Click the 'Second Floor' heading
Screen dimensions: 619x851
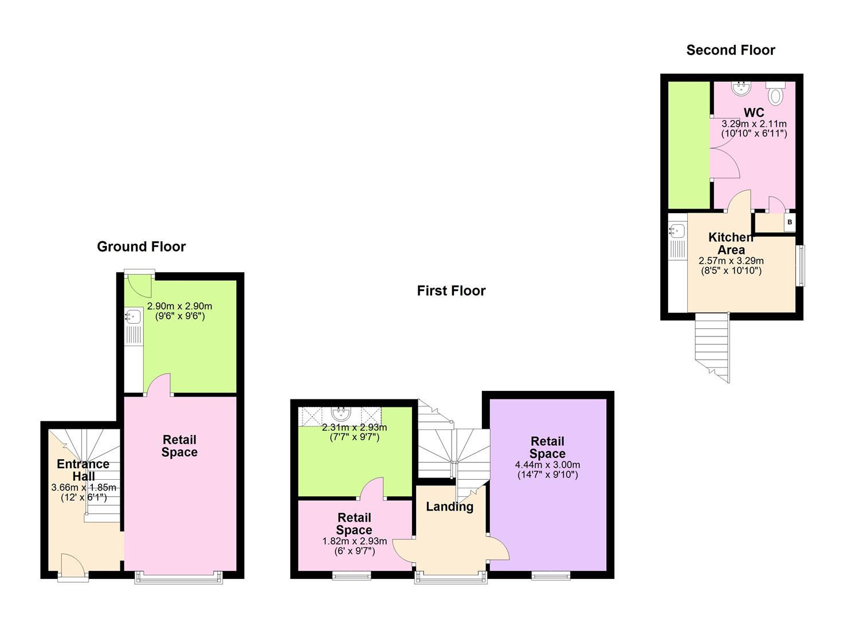pyautogui.click(x=730, y=50)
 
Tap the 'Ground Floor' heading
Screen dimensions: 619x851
pyautogui.click(x=141, y=247)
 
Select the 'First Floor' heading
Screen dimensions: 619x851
pyautogui.click(x=451, y=291)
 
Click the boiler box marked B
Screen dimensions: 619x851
pyautogui.click(x=789, y=222)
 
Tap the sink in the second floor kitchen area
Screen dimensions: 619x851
pyautogui.click(x=677, y=231)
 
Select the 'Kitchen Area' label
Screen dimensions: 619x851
pyautogui.click(x=731, y=244)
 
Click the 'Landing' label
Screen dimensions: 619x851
pyautogui.click(x=449, y=507)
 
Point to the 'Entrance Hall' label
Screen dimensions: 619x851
pyautogui.click(x=83, y=470)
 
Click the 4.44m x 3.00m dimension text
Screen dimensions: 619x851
pyautogui.click(x=547, y=470)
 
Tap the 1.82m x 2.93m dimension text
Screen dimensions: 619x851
pyautogui.click(x=354, y=546)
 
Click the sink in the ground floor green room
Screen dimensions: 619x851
pyautogui.click(x=133, y=316)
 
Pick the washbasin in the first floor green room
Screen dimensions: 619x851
pyautogui.click(x=340, y=413)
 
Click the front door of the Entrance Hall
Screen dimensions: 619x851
pyautogui.click(x=73, y=567)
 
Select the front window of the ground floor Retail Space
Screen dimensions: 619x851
pyautogui.click(x=179, y=577)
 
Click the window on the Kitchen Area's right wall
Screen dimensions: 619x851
pyautogui.click(x=801, y=265)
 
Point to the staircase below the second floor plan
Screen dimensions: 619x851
pyautogui.click(x=712, y=346)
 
